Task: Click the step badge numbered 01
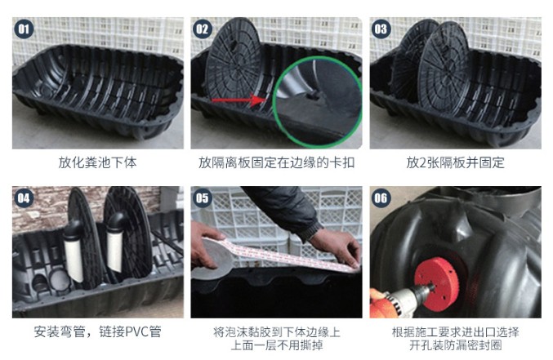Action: (x=25, y=29)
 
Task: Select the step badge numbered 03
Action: (x=381, y=29)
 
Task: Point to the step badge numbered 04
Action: (x=25, y=198)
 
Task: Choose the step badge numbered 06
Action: (x=381, y=198)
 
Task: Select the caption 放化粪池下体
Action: (x=97, y=162)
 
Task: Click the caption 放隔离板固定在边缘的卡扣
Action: (x=276, y=162)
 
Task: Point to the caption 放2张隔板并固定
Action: (x=455, y=162)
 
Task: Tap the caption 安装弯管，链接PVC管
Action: (x=97, y=332)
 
